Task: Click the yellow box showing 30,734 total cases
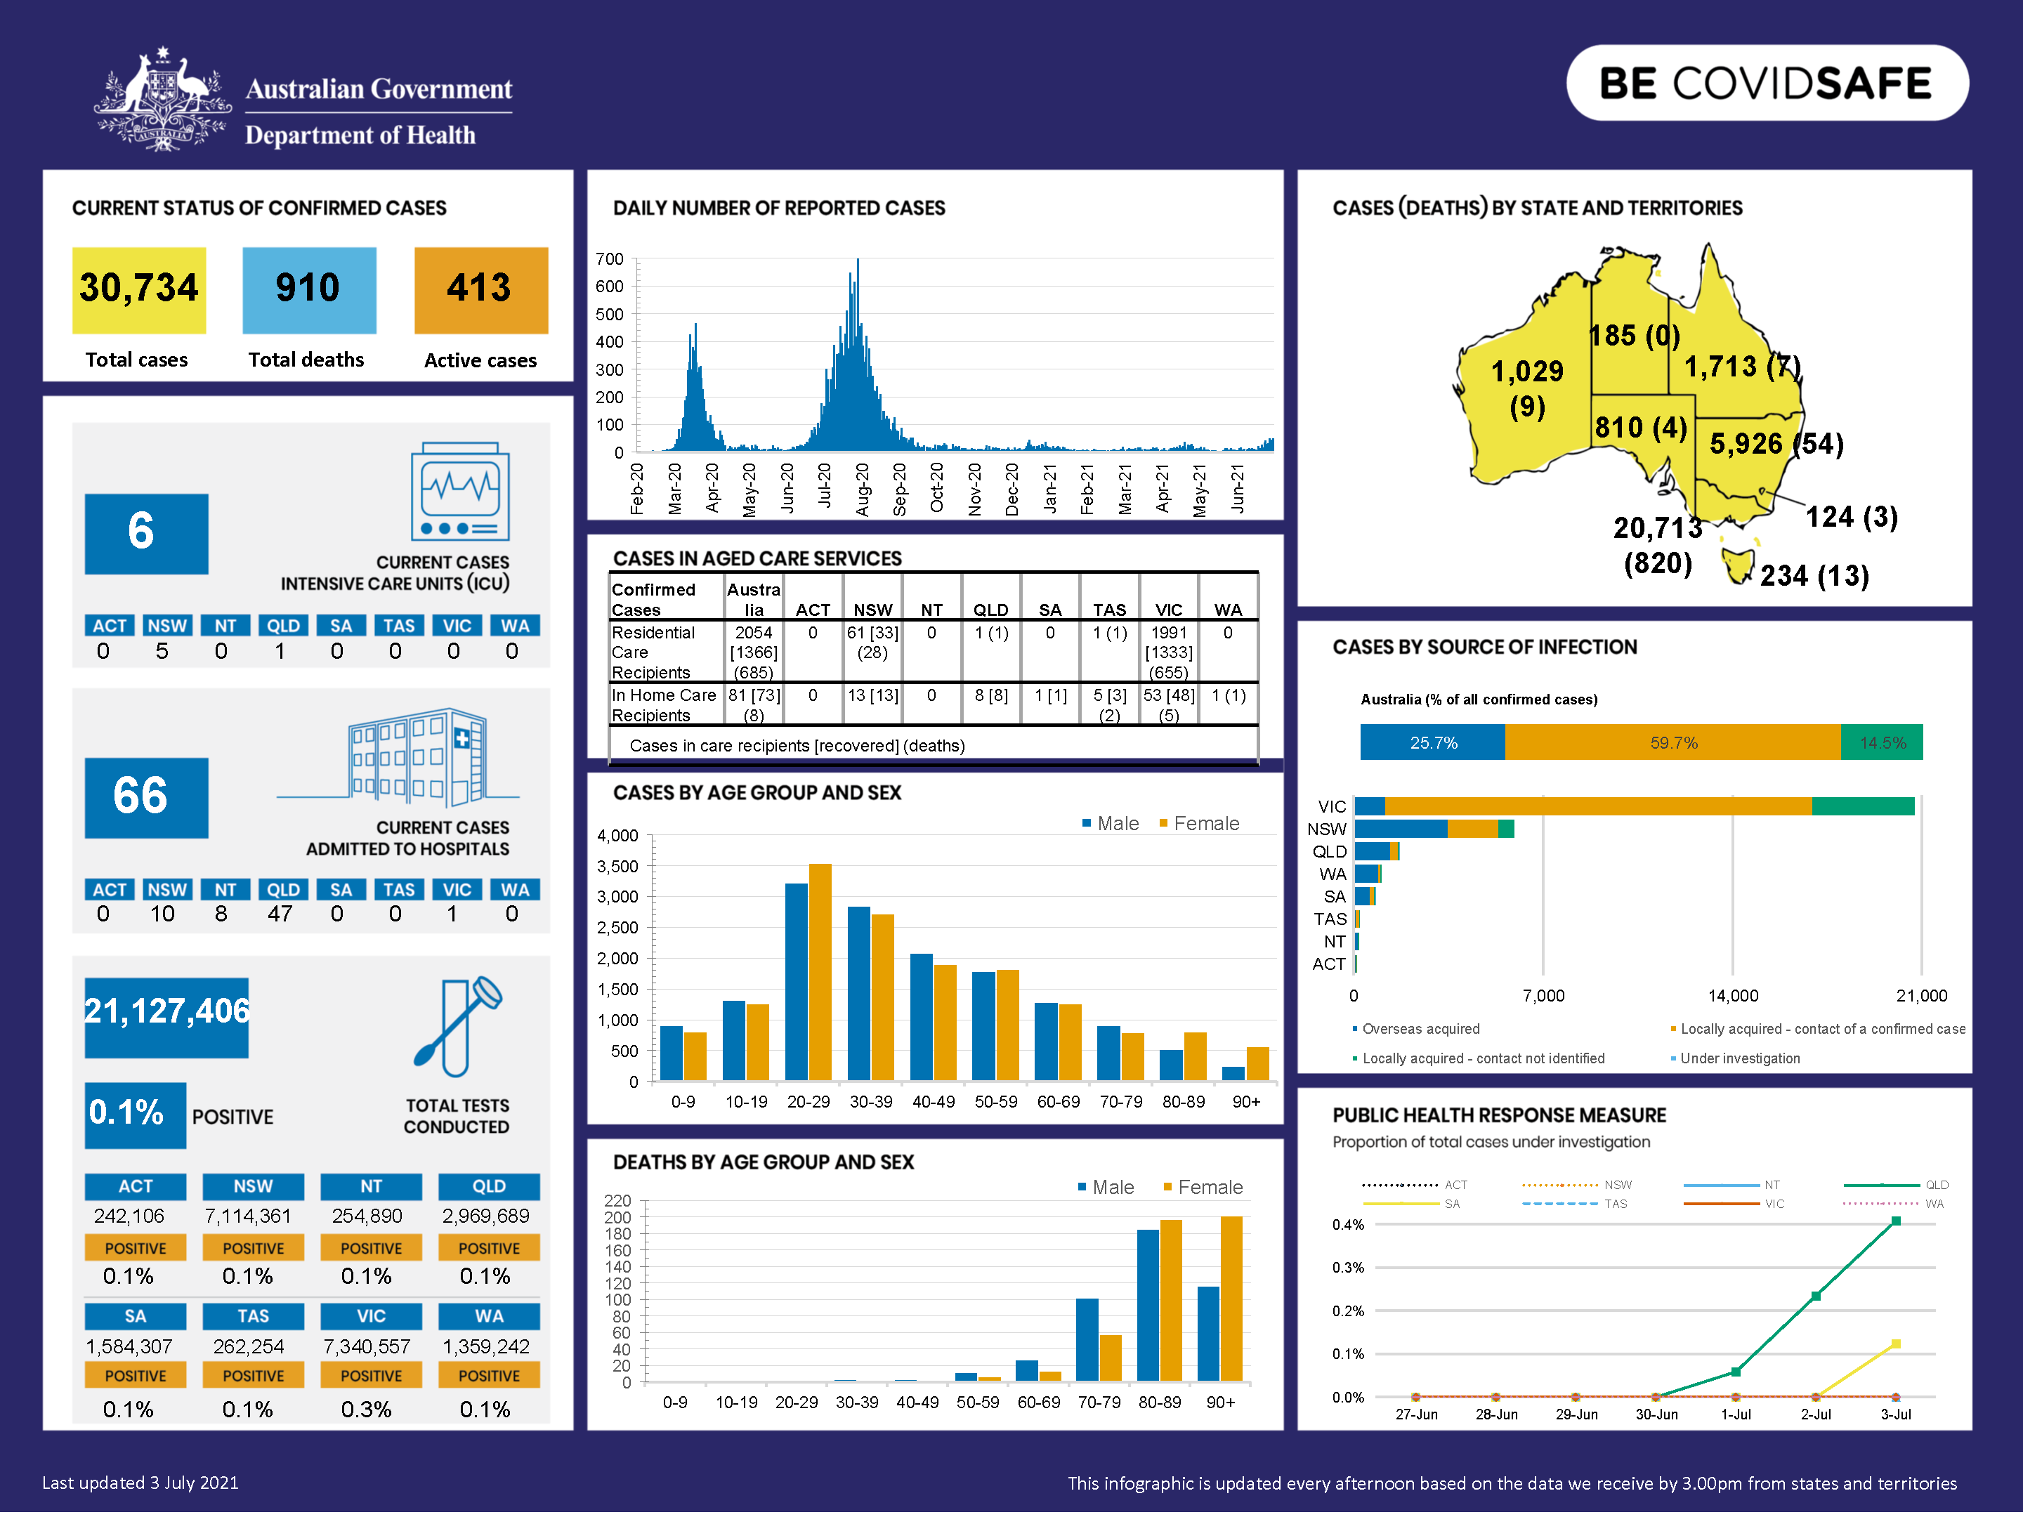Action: (x=139, y=289)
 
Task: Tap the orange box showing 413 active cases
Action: (x=480, y=289)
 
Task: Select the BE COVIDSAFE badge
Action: (x=1766, y=83)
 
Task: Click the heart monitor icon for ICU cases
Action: (x=460, y=492)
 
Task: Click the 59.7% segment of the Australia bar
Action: (x=1672, y=742)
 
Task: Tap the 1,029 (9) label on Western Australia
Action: (x=1526, y=388)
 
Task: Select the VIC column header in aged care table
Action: (x=1168, y=610)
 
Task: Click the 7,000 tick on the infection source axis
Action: (x=1543, y=996)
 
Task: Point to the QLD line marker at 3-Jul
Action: (x=1895, y=1221)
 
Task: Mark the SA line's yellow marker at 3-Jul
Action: (x=1895, y=1344)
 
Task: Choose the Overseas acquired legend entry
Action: (x=1420, y=1029)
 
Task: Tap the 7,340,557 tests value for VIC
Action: (x=367, y=1346)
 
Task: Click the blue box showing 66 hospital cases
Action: (x=146, y=796)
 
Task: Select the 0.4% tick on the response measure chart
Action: (x=1347, y=1224)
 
